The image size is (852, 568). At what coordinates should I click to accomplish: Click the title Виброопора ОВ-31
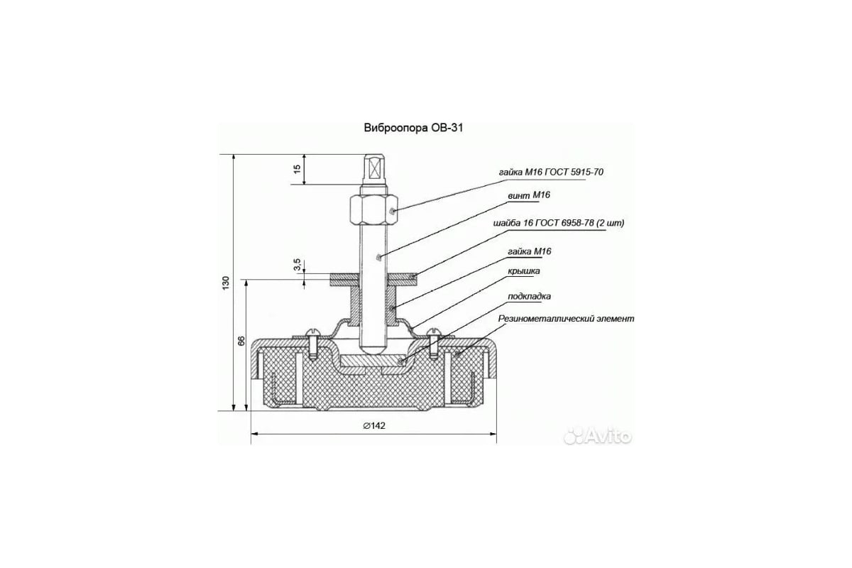[413, 128]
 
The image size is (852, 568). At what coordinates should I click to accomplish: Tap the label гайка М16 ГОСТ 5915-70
[551, 173]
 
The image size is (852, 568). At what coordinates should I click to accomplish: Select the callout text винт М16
[529, 195]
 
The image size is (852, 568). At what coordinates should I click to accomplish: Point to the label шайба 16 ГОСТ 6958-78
[544, 223]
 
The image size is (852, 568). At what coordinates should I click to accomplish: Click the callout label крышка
[524, 271]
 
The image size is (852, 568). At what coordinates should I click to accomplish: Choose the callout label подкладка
[529, 296]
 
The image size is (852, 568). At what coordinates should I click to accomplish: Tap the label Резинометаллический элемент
[566, 318]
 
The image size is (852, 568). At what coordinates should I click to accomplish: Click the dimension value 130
[226, 283]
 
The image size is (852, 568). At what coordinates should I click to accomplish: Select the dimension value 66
[241, 341]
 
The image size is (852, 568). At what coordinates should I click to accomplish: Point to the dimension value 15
[297, 168]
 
